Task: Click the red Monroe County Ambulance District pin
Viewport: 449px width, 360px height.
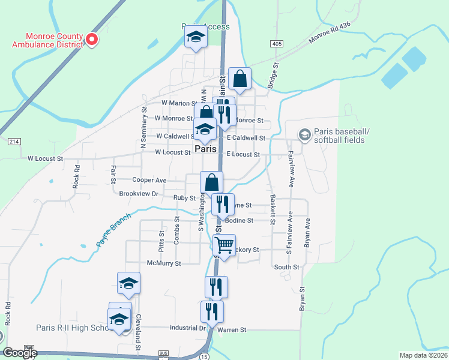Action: [92, 39]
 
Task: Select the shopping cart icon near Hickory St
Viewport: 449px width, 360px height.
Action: [224, 245]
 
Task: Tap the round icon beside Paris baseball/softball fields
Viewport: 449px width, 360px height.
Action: [305, 134]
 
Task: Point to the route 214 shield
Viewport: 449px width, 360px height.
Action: [13, 142]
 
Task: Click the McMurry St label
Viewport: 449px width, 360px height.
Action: [164, 263]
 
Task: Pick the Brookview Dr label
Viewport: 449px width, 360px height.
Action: [138, 194]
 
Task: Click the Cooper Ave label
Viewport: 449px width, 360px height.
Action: [149, 179]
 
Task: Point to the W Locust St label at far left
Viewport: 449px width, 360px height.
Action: [45, 158]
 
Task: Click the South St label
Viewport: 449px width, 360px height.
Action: [286, 267]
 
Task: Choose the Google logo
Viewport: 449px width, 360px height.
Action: [20, 353]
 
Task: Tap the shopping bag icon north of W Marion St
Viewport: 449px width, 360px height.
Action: [240, 79]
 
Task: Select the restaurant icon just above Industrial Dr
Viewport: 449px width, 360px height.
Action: [212, 311]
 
